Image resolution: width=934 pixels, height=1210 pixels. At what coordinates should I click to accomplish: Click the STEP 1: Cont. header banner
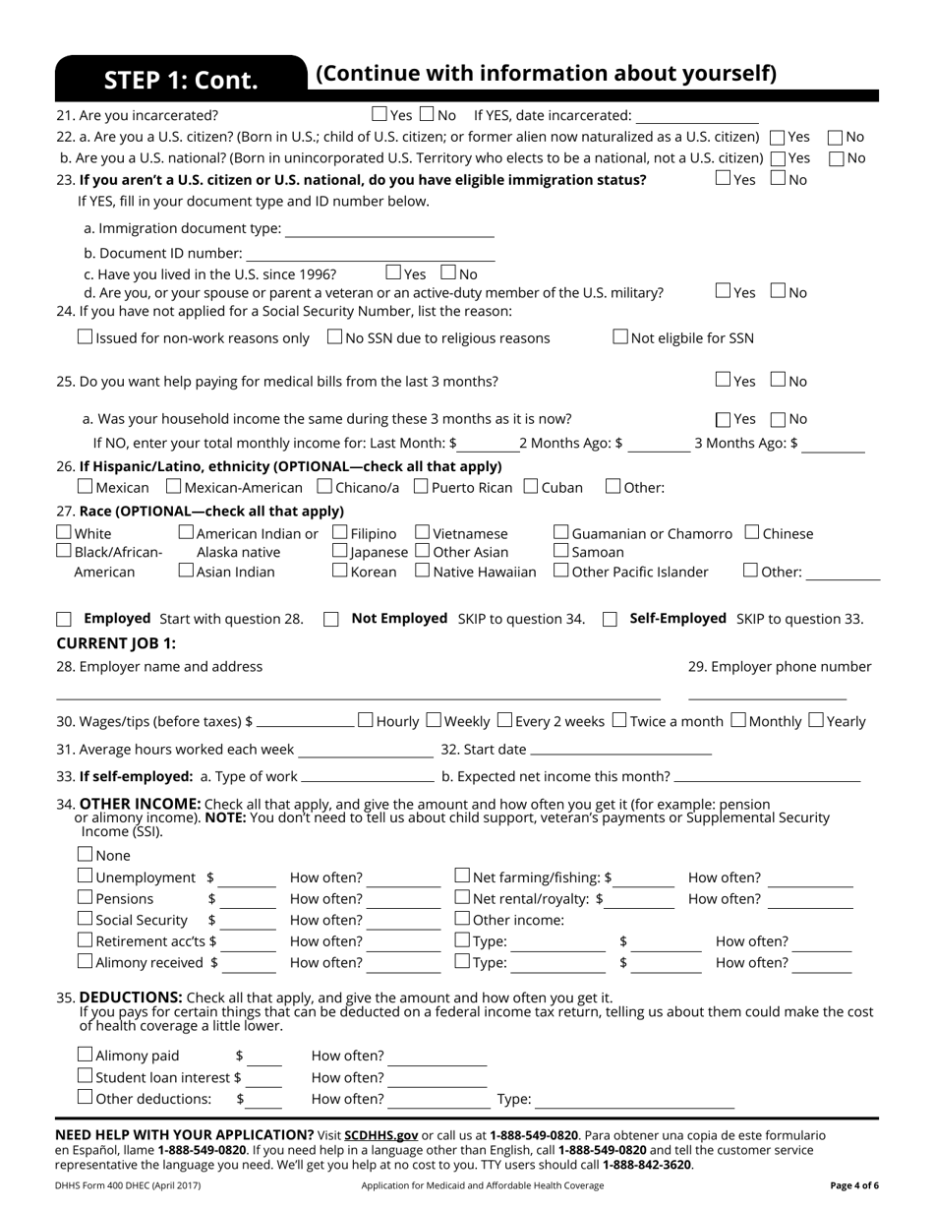coord(181,80)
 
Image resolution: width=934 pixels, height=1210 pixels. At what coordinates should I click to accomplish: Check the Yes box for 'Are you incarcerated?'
coord(380,114)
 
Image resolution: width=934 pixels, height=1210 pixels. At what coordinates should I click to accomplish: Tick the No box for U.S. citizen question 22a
coord(836,138)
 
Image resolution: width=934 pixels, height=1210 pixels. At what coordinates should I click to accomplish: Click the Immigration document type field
coord(389,231)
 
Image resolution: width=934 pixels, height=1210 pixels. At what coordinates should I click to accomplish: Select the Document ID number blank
coord(370,256)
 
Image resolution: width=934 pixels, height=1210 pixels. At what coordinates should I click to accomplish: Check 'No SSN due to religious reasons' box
coord(334,337)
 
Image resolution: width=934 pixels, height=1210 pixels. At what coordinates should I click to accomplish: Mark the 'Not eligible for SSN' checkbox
coord(620,337)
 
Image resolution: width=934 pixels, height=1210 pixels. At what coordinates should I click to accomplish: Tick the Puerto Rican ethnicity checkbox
coord(421,486)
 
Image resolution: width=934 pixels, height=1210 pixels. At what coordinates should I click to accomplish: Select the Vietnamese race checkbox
coord(423,532)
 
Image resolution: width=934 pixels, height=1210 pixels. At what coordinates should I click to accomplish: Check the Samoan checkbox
coord(561,551)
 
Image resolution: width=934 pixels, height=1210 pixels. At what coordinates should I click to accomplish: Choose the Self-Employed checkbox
coord(610,619)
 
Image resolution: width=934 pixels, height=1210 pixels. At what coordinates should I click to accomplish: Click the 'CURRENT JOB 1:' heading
coord(116,643)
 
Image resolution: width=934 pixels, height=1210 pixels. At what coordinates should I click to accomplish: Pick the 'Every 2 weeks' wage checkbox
coord(504,720)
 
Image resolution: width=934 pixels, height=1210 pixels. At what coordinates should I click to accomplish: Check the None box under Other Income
coord(86,855)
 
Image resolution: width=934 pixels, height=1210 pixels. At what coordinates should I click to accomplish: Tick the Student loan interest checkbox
coord(86,1076)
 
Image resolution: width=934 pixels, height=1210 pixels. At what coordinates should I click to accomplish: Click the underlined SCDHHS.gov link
coord(380,1134)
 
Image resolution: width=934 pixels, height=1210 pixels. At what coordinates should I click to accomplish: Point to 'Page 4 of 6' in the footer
coord(854,1185)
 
